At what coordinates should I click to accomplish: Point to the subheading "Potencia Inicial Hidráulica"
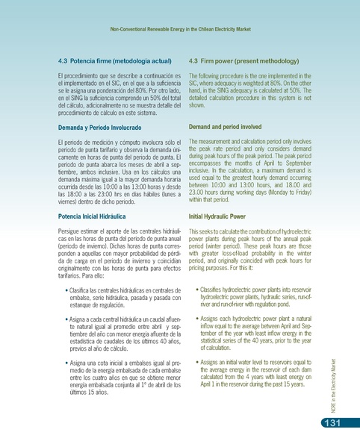point(94,216)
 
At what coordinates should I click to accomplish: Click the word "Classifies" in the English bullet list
point(213,289)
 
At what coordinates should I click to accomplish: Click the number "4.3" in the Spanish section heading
point(63,59)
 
